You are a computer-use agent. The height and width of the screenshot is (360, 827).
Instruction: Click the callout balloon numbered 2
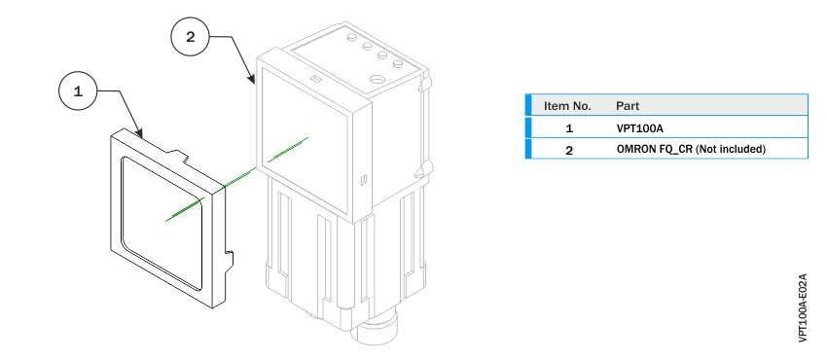pyautogui.click(x=190, y=38)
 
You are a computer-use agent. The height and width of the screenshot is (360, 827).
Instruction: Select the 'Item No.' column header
pyautogui.click(x=567, y=105)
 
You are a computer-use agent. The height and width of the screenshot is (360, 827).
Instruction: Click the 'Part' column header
pyautogui.click(x=628, y=105)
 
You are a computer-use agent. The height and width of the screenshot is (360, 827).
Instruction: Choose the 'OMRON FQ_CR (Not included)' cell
pyautogui.click(x=691, y=149)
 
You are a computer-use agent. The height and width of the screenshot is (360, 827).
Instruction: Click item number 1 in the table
pyautogui.click(x=569, y=127)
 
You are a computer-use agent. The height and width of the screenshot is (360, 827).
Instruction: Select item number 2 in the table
pyautogui.click(x=569, y=149)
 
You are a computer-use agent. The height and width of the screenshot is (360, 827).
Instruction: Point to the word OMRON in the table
pyautogui.click(x=635, y=149)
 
